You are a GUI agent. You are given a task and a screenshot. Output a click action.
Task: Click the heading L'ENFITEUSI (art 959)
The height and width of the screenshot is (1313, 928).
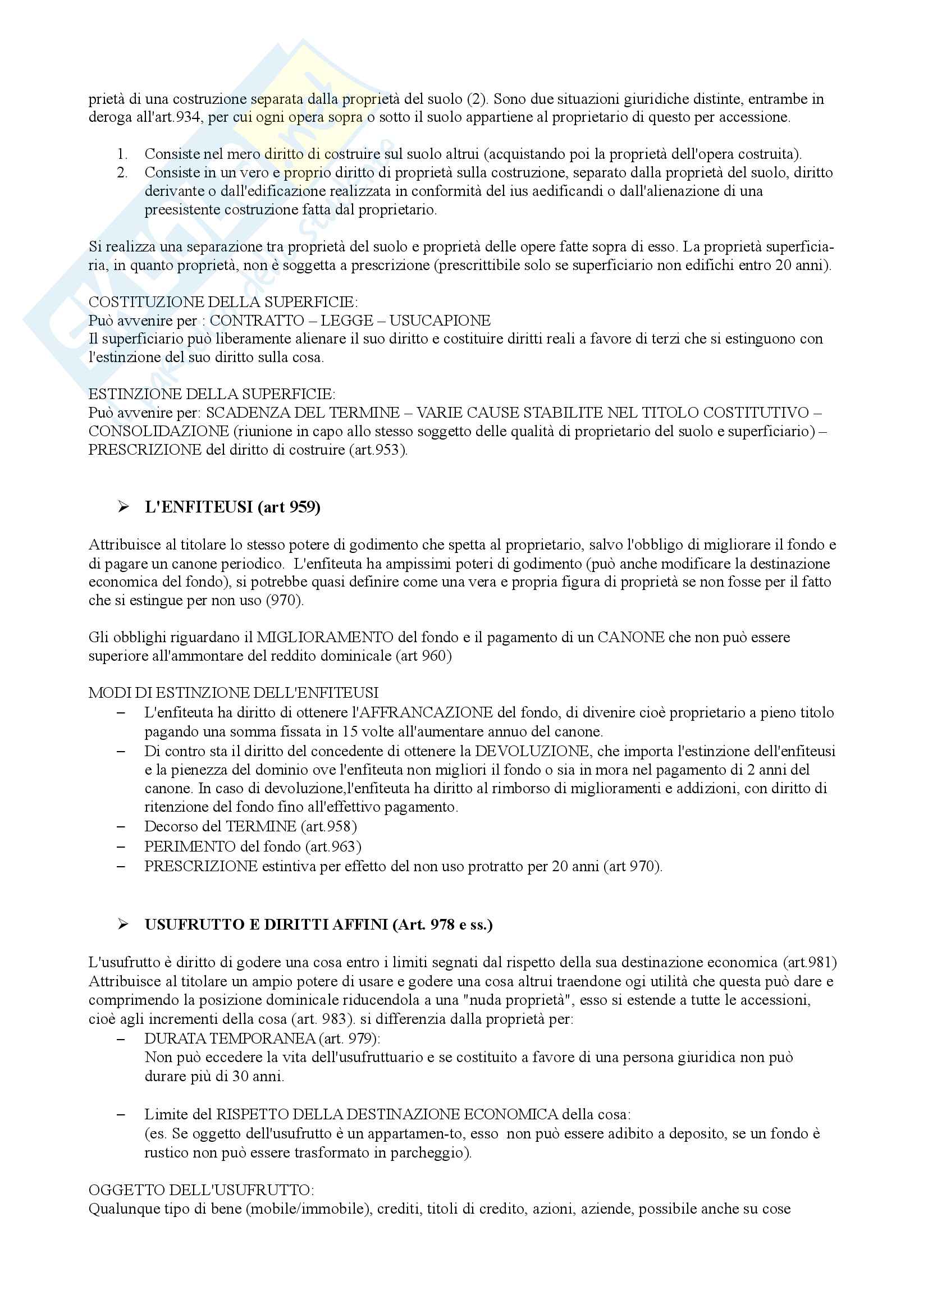[232, 507]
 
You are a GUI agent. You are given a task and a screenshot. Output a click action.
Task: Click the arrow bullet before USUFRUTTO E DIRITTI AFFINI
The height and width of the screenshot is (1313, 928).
[123, 925]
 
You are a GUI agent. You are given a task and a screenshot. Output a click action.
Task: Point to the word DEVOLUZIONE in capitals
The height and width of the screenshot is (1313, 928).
[532, 751]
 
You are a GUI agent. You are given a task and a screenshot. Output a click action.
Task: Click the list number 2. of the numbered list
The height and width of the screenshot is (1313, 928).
[122, 173]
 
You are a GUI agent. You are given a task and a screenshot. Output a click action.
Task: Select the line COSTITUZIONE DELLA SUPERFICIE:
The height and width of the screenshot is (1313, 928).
[223, 302]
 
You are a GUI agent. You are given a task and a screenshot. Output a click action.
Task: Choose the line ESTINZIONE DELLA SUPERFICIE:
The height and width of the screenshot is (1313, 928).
[212, 394]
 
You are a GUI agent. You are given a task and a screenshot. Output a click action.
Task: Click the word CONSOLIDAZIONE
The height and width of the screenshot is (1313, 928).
[159, 431]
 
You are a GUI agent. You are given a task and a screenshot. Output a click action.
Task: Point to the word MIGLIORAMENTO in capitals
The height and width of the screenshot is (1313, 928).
[324, 637]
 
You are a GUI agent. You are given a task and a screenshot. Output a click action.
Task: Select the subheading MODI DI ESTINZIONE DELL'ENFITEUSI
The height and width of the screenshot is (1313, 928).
[234, 693]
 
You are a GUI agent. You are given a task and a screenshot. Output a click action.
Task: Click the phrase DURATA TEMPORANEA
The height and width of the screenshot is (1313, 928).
[230, 1038]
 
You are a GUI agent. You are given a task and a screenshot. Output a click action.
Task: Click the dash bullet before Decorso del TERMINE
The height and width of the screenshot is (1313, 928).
[121, 827]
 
